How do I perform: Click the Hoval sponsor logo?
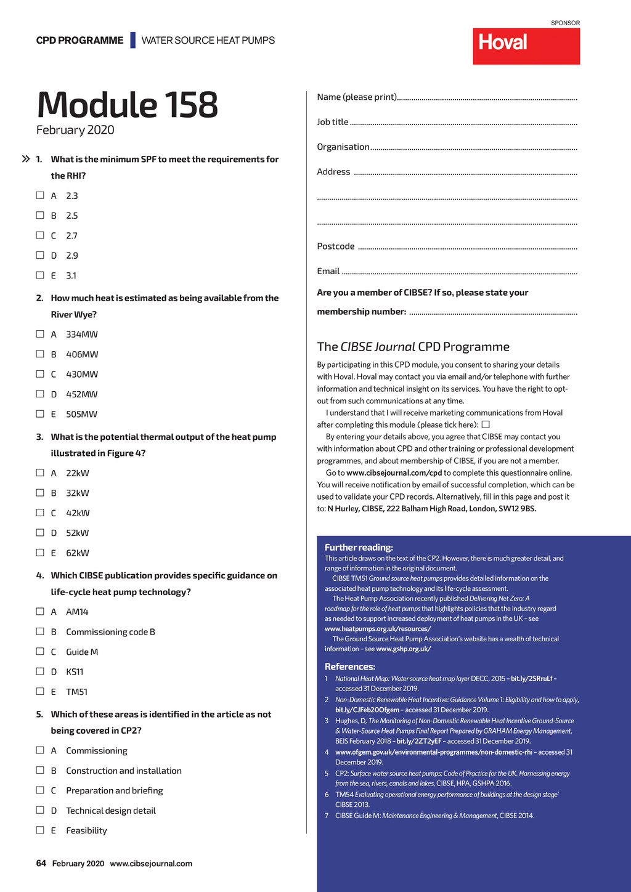coord(526,46)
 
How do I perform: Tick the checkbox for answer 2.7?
coord(40,235)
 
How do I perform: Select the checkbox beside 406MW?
coord(40,354)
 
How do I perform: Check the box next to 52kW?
coord(40,533)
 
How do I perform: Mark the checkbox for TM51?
coord(40,691)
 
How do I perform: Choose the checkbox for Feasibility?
coord(40,830)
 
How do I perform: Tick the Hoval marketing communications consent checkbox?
coord(486,424)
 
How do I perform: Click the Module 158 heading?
coord(128,105)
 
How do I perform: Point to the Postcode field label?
coord(336,246)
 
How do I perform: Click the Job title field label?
coord(333,122)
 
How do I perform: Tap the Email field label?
coord(328,271)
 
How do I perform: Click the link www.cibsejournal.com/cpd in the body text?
coord(394,473)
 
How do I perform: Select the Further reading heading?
coord(359,547)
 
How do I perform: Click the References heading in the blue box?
coord(350,667)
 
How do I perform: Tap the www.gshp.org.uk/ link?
coord(404,649)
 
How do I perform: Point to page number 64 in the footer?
coord(41,864)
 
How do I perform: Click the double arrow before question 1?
coord(26,159)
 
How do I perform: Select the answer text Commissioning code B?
coord(110,632)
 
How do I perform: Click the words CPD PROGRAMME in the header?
coord(80,41)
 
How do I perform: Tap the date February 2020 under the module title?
coord(75,130)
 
